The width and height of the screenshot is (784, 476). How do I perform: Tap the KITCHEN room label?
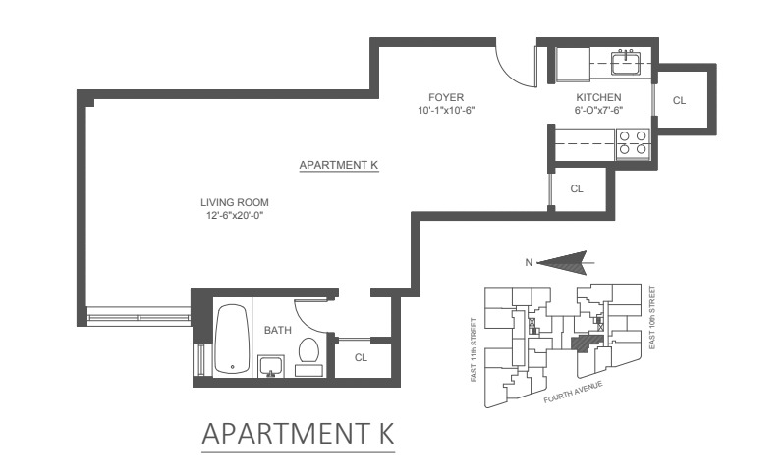pos(597,97)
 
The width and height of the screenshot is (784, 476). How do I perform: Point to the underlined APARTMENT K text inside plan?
pos(339,165)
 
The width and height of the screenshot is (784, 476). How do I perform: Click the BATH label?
pos(276,331)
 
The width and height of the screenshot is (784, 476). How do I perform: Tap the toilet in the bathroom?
pos(309,354)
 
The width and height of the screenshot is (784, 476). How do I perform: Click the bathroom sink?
pos(271,366)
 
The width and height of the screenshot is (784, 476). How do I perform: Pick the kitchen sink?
pos(626,65)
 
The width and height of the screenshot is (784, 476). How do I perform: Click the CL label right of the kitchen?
pos(679,100)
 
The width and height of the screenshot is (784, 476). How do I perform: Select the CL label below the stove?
pos(577,188)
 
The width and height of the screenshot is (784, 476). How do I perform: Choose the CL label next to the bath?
pos(361,357)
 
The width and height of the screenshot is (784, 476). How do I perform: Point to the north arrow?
pos(565,262)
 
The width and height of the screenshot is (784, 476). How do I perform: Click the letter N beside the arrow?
pos(530,262)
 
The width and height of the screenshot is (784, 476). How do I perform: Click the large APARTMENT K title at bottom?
pos(298,433)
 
